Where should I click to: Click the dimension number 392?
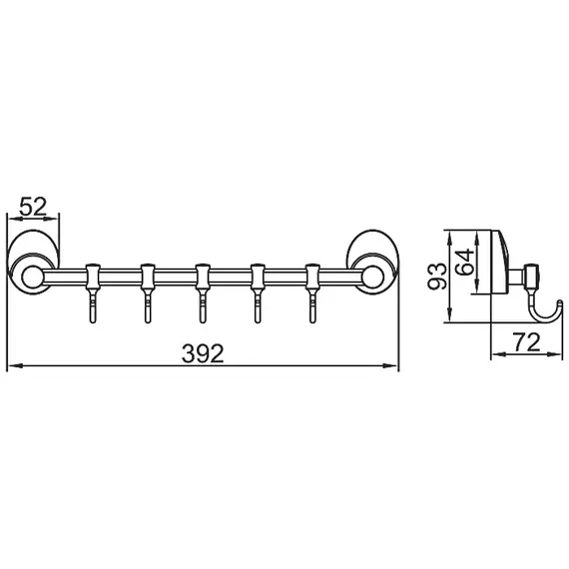click(x=203, y=352)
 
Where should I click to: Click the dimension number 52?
click(x=34, y=207)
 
